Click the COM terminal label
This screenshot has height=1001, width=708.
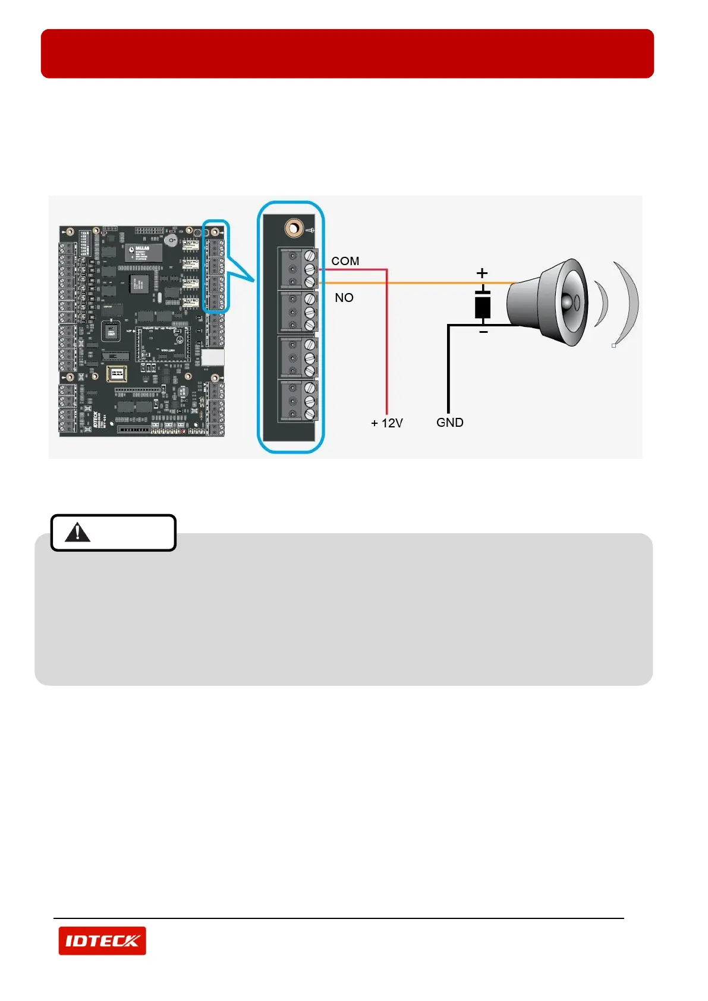pyautogui.click(x=345, y=261)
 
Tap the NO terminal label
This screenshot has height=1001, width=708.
pyautogui.click(x=344, y=297)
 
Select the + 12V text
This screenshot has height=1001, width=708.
pyautogui.click(x=386, y=423)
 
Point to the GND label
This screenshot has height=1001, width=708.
pyautogui.click(x=449, y=422)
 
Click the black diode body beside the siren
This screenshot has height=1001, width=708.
pyautogui.click(x=483, y=306)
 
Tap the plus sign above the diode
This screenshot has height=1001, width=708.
pyautogui.click(x=482, y=273)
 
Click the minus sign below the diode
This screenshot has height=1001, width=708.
pyautogui.click(x=483, y=332)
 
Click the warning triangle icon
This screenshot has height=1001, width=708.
pyautogui.click(x=77, y=532)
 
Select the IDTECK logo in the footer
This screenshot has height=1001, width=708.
pyautogui.click(x=102, y=940)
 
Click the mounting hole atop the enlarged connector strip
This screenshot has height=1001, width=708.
pyautogui.click(x=293, y=228)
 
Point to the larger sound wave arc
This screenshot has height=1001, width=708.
pyautogui.click(x=628, y=303)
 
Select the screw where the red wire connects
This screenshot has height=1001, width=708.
pyautogui.click(x=310, y=269)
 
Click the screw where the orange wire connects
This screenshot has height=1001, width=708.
pyautogui.click(x=310, y=281)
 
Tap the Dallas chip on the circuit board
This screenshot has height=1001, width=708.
pyautogui.click(x=143, y=252)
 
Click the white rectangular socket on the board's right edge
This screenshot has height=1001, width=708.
pyautogui.click(x=213, y=357)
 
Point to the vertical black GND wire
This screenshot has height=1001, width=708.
pyautogui.click(x=448, y=369)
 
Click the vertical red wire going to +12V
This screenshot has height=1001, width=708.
pyautogui.click(x=387, y=345)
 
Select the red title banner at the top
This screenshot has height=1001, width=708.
pyautogui.click(x=347, y=53)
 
